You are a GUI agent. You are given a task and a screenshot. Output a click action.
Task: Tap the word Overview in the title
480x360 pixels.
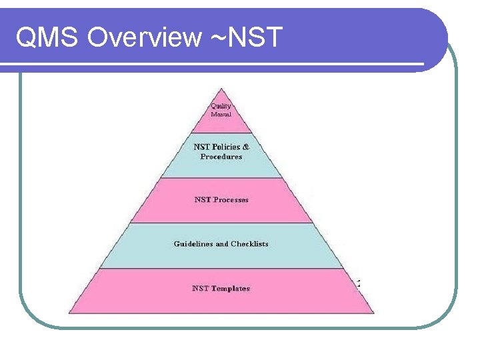click(143, 37)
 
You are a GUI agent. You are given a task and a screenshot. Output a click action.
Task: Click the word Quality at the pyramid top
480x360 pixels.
click(221, 106)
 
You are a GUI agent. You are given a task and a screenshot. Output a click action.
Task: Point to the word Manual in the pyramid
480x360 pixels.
click(221, 114)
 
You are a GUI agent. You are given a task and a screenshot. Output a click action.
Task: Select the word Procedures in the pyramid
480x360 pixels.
click(221, 157)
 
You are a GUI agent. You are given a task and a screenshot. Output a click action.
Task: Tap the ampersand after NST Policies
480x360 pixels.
click(246, 147)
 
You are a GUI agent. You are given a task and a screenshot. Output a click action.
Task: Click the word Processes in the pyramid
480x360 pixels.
click(231, 199)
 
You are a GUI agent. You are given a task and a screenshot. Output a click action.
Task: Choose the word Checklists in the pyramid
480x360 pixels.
click(250, 244)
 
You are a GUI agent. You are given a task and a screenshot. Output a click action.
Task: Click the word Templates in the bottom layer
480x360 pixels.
click(231, 289)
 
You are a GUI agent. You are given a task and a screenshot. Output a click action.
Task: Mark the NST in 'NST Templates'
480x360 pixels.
click(200, 289)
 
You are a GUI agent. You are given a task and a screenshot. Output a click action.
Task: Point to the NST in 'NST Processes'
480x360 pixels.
click(203, 199)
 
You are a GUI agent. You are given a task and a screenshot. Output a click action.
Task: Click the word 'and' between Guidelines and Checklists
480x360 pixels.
click(222, 244)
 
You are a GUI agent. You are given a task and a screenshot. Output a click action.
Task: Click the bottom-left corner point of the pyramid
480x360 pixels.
click(69, 313)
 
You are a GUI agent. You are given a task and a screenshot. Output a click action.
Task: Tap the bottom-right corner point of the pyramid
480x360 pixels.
click(375, 313)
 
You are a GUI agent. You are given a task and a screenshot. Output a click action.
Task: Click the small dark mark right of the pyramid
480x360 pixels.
click(359, 283)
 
